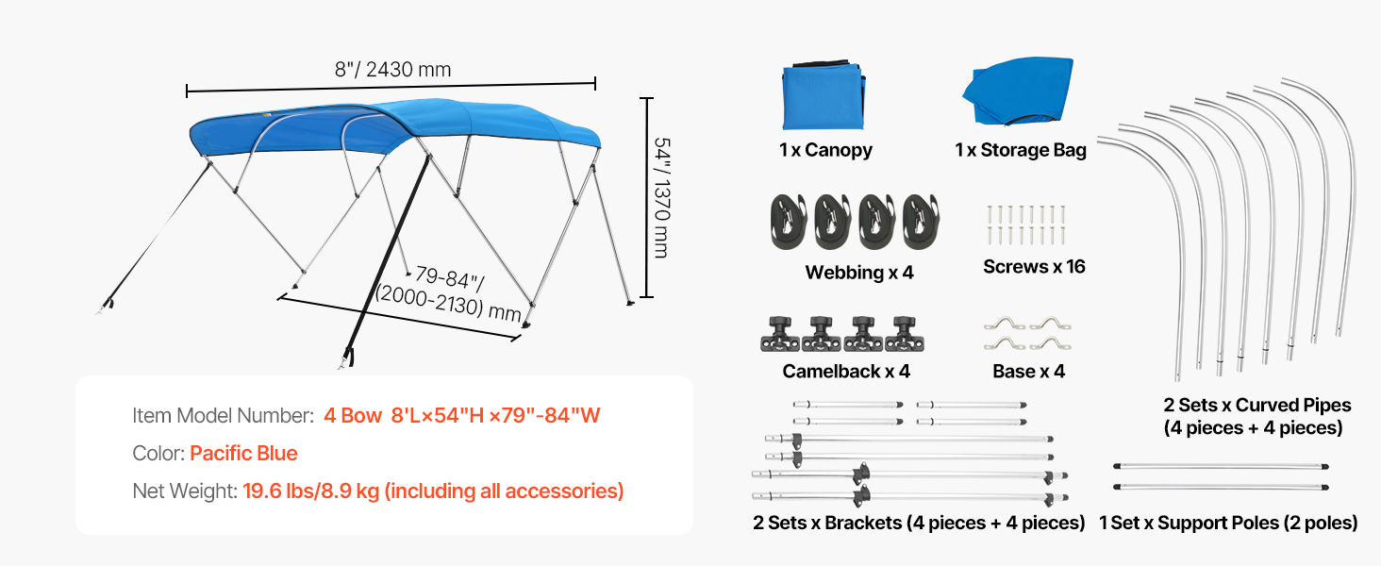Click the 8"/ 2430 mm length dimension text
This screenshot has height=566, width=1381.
392,70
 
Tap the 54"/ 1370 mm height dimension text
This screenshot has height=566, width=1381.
661,198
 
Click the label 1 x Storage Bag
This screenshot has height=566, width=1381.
1021,150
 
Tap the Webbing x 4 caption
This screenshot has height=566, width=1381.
859,273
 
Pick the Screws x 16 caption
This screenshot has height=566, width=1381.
1034,267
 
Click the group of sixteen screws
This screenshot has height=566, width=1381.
1025,224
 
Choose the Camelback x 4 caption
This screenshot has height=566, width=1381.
846,372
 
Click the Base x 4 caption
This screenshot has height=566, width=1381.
1028,372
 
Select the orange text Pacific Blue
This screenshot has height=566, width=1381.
243,454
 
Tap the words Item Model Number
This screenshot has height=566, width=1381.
223,416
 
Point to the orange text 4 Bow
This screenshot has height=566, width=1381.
353,416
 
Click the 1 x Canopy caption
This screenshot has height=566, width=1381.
825,150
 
